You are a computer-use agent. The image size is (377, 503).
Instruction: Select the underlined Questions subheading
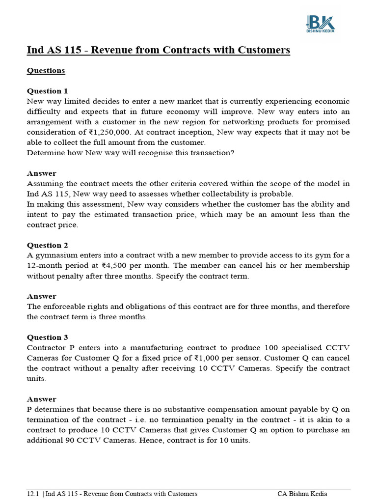coord(46,70)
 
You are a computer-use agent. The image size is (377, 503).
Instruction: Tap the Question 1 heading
coord(48,91)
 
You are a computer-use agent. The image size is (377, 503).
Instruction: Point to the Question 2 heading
coord(48,245)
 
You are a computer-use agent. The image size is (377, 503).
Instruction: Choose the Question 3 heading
coord(48,337)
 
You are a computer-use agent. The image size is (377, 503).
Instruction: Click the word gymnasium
coord(56,255)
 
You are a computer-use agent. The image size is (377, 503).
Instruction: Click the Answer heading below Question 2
coord(41,296)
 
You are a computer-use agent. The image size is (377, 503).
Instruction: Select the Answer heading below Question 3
coord(41,399)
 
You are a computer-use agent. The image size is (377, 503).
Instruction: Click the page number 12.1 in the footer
coord(33,494)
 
